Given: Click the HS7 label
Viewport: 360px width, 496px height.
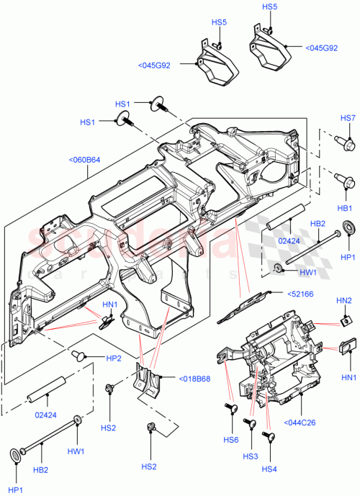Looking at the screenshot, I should [x=348, y=118].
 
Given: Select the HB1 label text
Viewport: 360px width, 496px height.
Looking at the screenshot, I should [x=345, y=208].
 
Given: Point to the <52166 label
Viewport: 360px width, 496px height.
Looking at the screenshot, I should [x=301, y=294].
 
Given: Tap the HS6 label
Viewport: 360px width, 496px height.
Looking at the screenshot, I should [x=230, y=440].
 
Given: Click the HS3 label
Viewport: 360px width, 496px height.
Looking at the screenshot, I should [x=250, y=457].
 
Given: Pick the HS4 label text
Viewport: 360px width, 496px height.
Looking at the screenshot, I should [x=269, y=469].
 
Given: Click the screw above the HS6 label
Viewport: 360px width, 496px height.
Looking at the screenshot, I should [x=232, y=410].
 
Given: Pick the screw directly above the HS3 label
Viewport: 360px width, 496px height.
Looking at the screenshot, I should [x=251, y=425].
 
